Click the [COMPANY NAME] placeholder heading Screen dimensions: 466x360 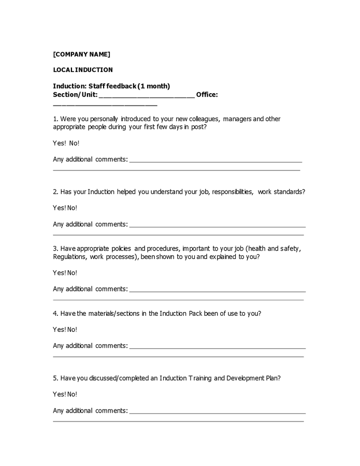point(81,54)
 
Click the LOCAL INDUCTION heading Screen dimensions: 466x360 point(82,70)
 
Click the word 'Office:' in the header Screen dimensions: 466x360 point(207,95)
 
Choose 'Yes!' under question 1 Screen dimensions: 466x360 point(59,143)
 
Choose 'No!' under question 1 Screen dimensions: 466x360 point(74,143)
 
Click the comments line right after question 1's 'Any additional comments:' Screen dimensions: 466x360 point(215,160)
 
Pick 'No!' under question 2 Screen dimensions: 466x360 point(72,208)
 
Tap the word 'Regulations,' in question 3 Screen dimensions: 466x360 point(69,257)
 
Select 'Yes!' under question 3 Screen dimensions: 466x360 point(59,273)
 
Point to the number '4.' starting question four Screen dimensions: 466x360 point(56,313)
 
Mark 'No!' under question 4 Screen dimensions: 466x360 point(72,329)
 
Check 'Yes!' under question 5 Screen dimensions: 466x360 point(59,394)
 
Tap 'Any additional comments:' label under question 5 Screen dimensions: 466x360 point(90,411)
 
